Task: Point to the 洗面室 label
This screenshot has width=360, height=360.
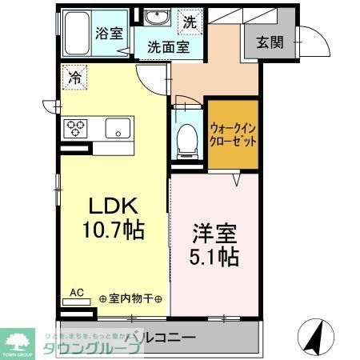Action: click(x=166, y=47)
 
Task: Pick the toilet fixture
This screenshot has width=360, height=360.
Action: click(x=188, y=138)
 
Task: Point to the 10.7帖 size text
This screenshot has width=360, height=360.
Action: click(x=114, y=231)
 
